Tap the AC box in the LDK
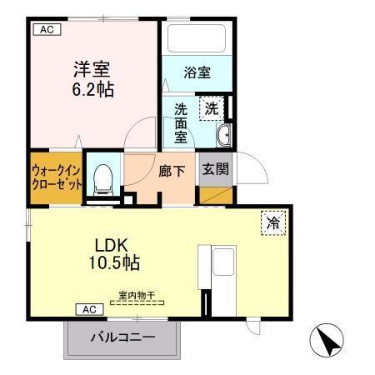coord(90,309)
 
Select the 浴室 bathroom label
coord(197,72)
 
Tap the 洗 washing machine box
coord(212,108)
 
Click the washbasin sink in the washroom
coord(222,137)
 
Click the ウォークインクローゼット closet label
coord(57,177)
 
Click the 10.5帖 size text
coord(113,264)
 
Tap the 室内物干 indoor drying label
coord(136,295)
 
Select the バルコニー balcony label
coord(122,339)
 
